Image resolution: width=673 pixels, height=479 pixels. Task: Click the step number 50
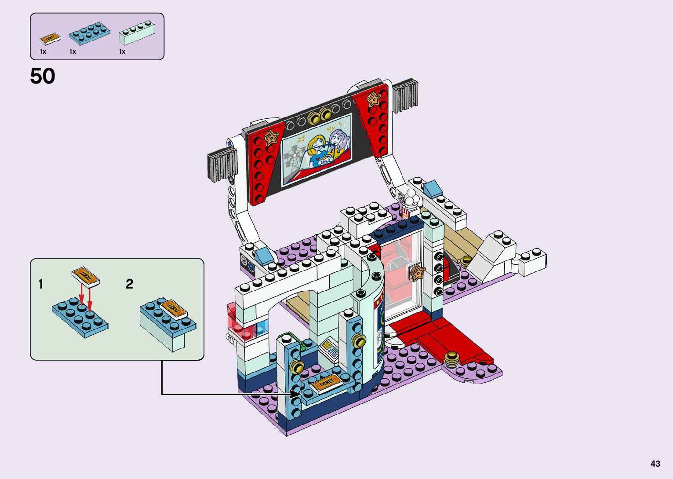point(43,76)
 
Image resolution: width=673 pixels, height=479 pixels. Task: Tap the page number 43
point(655,464)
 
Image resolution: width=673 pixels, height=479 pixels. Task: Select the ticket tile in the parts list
point(50,39)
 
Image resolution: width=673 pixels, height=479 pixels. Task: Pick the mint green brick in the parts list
point(137,33)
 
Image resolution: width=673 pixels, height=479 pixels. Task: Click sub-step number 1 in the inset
point(41,284)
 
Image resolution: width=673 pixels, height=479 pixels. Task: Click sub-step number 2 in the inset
point(129,284)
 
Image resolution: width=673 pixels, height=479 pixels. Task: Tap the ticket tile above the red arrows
point(86,276)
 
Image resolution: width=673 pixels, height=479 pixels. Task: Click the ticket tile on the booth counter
point(326,383)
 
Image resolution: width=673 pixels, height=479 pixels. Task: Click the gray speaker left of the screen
point(222,165)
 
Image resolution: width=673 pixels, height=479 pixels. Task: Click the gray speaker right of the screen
point(405,98)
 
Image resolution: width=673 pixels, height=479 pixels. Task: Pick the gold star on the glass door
point(417,272)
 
